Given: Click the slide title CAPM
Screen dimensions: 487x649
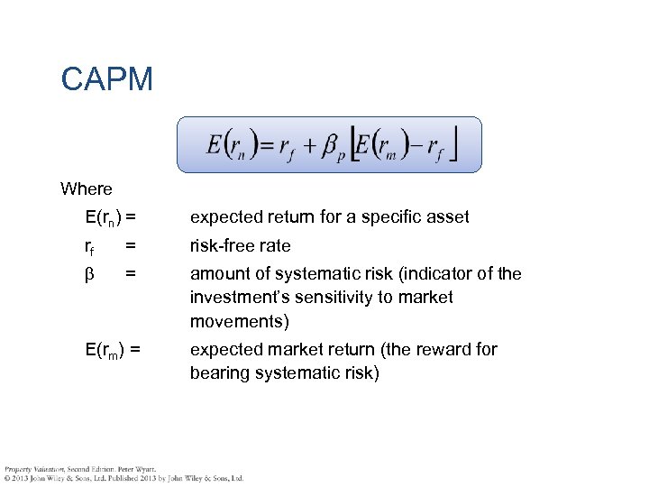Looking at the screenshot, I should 107,79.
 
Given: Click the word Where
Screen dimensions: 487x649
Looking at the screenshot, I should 87,189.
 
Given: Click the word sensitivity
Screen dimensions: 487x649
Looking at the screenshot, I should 346,298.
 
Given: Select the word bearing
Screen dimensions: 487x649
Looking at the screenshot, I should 217,373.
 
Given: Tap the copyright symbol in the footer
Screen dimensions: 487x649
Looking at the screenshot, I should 7,478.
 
